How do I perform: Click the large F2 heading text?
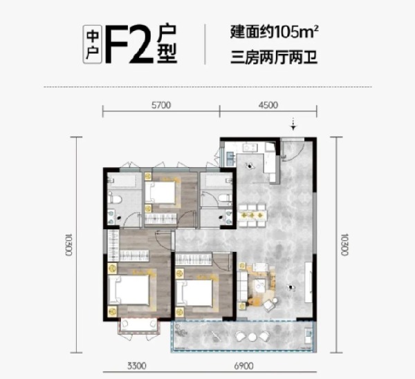pyautogui.click(x=129, y=44)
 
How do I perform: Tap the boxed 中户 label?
pyautogui.click(x=93, y=44)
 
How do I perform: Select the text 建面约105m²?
pyautogui.click(x=274, y=32)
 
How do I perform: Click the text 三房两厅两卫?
pyautogui.click(x=274, y=57)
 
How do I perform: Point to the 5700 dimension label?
pyautogui.click(x=161, y=105)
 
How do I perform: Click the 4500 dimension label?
pyautogui.click(x=268, y=105)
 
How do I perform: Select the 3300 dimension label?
pyautogui.click(x=136, y=366)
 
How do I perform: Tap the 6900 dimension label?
pyautogui.click(x=243, y=366)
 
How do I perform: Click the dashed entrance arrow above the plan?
pyautogui.click(x=293, y=124)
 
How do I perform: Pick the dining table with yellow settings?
pyautogui.click(x=252, y=215)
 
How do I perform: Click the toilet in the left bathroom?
pyautogui.click(x=115, y=199)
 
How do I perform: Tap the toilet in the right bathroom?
pyautogui.click(x=225, y=198)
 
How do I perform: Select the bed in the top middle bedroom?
pyautogui.click(x=160, y=193)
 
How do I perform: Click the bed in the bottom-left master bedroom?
pyautogui.click(x=129, y=289)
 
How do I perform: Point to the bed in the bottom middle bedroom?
pyautogui.click(x=195, y=293)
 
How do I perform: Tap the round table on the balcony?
pyautogui.click(x=252, y=337)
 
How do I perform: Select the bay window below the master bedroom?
pyautogui.click(x=139, y=325)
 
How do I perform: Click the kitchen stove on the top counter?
pyautogui.click(x=250, y=147)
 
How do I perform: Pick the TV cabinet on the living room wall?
pyautogui.click(x=308, y=282)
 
